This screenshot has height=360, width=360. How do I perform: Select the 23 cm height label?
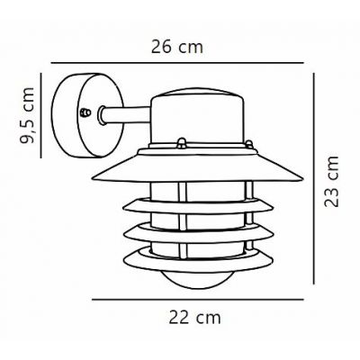pyautogui.click(x=333, y=183)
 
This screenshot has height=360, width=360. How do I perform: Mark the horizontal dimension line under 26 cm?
pyautogui.click(x=180, y=63)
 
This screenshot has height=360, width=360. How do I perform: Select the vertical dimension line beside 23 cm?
pyautogui.click(x=313, y=180)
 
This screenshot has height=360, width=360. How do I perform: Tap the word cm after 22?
pyautogui.click(x=210, y=318)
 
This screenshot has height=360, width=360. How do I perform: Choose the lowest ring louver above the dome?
pyautogui.click(x=193, y=258)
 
